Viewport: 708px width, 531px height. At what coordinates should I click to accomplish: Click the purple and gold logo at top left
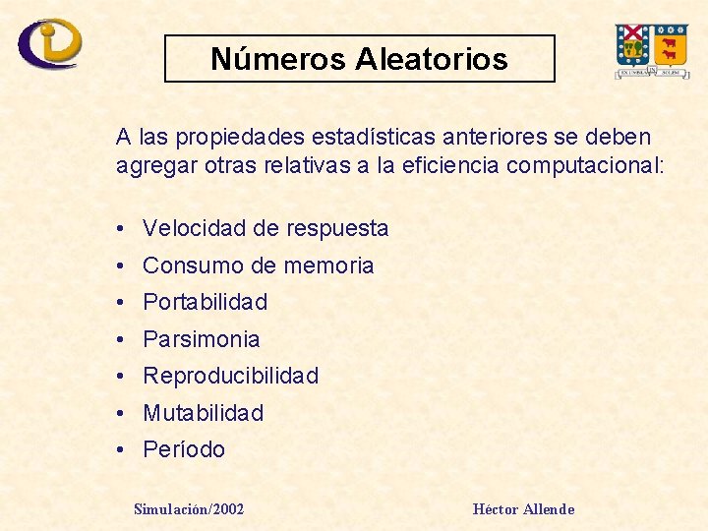pos(49,43)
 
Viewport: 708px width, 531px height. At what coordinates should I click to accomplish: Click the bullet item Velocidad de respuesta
pos(265,229)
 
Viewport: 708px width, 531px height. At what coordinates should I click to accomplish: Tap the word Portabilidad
pos(205,302)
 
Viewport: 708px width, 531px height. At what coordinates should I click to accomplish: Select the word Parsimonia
pos(202,339)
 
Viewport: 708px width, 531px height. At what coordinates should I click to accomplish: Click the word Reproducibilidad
pos(231,376)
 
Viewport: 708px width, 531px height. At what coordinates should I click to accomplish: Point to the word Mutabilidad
pos(204,413)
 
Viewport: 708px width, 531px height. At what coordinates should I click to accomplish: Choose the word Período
pos(184,450)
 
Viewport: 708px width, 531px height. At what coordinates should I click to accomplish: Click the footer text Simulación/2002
pos(189,508)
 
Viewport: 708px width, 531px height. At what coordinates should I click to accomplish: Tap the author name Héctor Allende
pos(523,508)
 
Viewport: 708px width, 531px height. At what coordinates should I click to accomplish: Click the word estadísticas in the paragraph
pos(335,137)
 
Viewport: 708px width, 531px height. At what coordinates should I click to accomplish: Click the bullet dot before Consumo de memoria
pos(118,265)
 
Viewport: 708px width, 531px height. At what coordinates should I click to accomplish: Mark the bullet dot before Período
pos(118,450)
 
